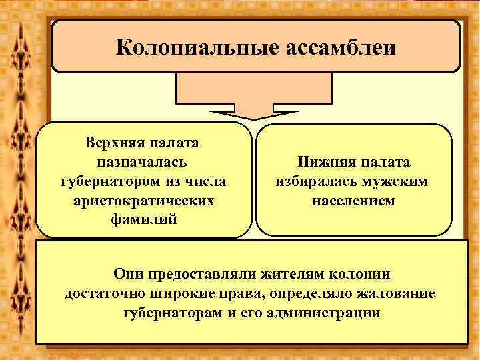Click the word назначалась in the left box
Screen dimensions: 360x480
click(142, 162)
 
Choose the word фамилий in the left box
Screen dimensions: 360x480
click(144, 219)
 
